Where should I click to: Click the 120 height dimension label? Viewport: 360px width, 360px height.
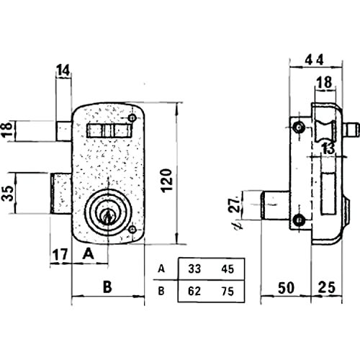coord(167,180)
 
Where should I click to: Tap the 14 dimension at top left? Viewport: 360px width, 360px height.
coord(63,71)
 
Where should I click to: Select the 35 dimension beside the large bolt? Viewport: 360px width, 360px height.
coord(8,193)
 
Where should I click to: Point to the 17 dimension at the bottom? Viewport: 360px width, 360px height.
coord(60,254)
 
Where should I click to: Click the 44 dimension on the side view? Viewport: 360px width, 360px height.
coord(315,60)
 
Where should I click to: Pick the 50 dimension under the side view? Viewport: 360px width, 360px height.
coord(286,288)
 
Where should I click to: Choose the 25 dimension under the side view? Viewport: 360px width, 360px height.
coord(327,287)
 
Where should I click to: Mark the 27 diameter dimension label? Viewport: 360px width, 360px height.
coord(233,204)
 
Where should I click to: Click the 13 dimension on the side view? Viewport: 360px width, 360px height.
coord(328,149)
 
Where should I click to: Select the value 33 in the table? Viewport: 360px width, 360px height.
coord(194,269)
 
